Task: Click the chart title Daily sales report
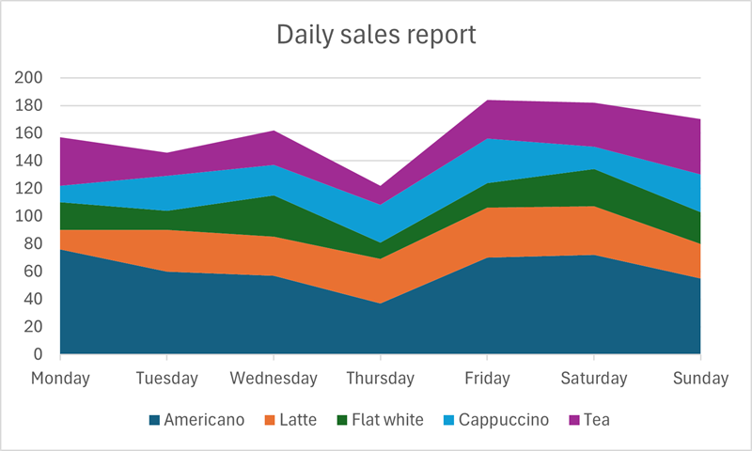coord(376,36)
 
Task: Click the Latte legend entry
coord(297,420)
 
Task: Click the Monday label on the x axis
coord(60,379)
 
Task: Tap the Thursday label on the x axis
coord(380,379)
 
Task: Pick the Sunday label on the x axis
coord(700,379)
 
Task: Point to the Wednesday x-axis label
coord(274,379)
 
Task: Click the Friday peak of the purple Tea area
coord(487,101)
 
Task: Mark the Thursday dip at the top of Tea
coord(380,186)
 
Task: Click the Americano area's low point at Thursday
coord(380,303)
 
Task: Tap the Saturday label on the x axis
coord(594,379)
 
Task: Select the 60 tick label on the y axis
coord(32,272)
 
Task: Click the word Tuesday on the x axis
coord(166,379)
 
